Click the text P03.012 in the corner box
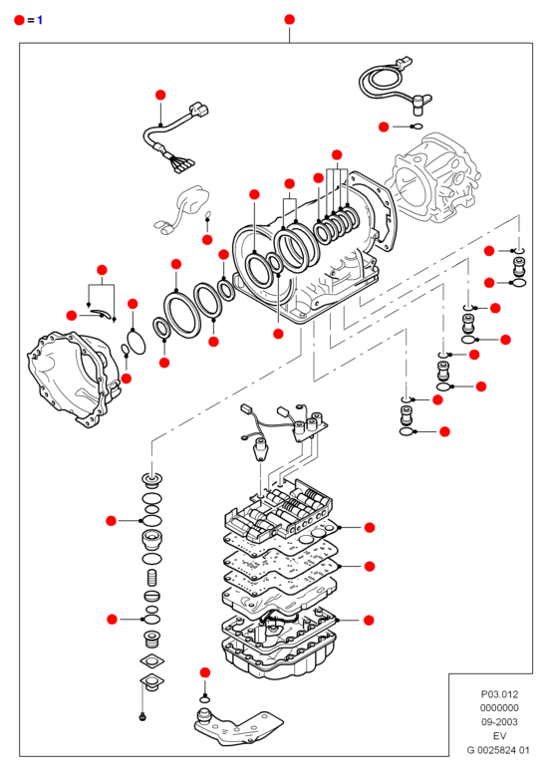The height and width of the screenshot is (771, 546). click(x=499, y=694)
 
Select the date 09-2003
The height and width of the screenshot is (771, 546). click(x=499, y=722)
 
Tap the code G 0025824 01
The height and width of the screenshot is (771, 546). click(x=498, y=750)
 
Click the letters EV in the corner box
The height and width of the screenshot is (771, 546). click(x=499, y=735)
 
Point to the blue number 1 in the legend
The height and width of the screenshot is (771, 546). click(x=40, y=20)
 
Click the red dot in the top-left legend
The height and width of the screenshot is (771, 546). click(x=19, y=20)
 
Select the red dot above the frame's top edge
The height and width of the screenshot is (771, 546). click(x=289, y=19)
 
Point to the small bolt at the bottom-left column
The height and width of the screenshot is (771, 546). click(x=142, y=716)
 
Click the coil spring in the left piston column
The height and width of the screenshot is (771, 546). click(x=152, y=578)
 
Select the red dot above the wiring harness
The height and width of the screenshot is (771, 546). click(x=160, y=95)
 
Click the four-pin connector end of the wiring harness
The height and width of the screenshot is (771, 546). click(x=181, y=164)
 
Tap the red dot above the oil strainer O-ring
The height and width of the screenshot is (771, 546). click(x=205, y=672)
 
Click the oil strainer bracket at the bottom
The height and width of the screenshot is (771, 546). click(x=236, y=728)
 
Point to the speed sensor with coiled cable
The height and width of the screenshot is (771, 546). click(x=394, y=86)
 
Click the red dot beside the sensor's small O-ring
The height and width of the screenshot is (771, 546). click(x=384, y=127)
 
